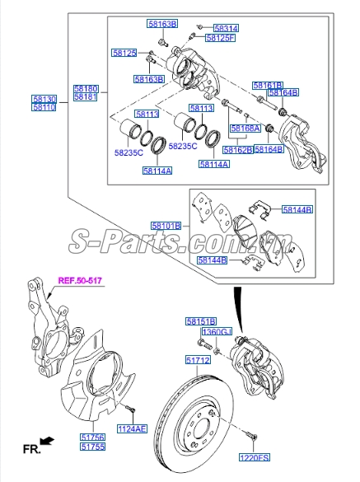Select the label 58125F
[220, 38]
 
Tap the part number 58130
[44, 98]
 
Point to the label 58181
[85, 98]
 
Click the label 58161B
[268, 86]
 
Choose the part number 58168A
[245, 129]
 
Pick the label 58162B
[237, 150]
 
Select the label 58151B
[200, 321]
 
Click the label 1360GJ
[218, 331]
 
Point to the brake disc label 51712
[198, 360]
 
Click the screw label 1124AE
[131, 428]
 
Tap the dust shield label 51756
[91, 437]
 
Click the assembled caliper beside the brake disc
[259, 363]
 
